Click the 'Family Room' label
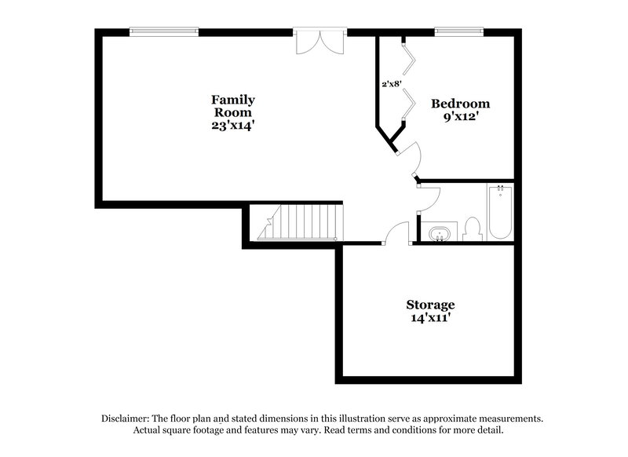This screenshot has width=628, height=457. click(x=233, y=105)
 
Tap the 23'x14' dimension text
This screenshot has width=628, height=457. click(x=233, y=124)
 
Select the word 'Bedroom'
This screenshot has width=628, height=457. click(x=460, y=104)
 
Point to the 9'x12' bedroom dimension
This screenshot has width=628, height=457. click(x=460, y=117)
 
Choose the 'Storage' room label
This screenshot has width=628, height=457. click(x=430, y=305)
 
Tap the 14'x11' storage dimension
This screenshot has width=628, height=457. click(x=430, y=318)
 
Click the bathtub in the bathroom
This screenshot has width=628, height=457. click(x=500, y=213)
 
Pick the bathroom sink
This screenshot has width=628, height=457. click(x=440, y=233)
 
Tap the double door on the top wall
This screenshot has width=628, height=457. click(x=319, y=42)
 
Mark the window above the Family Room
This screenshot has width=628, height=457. click(x=164, y=31)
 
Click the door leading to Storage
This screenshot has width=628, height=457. click(x=398, y=233)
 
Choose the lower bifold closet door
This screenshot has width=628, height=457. click(x=409, y=104)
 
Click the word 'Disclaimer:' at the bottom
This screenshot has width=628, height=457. click(x=126, y=419)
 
